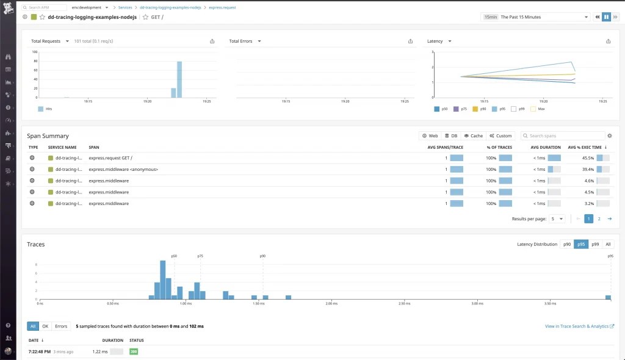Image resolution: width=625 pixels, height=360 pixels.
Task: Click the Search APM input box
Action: tap(46, 7)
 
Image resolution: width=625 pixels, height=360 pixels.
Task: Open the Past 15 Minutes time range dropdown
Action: tap(537, 17)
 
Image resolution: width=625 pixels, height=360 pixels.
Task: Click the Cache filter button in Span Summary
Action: tap(473, 135)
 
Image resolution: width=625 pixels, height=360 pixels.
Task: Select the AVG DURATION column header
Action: tap(545, 147)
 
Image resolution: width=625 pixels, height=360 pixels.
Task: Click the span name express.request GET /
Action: tap(110, 157)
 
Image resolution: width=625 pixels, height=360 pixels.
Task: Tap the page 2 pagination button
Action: tap(599, 218)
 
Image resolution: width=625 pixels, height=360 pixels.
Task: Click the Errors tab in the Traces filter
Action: tap(61, 326)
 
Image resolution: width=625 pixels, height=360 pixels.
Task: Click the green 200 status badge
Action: tap(134, 351)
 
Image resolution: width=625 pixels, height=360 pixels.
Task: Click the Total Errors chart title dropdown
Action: tap(245, 41)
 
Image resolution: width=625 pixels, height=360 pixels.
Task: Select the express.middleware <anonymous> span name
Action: tap(123, 169)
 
